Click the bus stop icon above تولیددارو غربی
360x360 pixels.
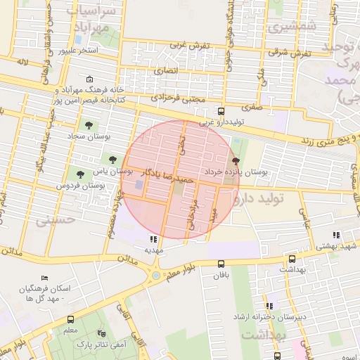(221, 111)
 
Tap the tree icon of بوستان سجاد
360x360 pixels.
(89, 124)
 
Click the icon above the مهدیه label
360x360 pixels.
(154, 239)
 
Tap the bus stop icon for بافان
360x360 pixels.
(221, 264)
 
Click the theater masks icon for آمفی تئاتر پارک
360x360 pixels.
(101, 333)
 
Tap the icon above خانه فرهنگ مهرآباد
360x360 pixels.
(89, 80)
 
